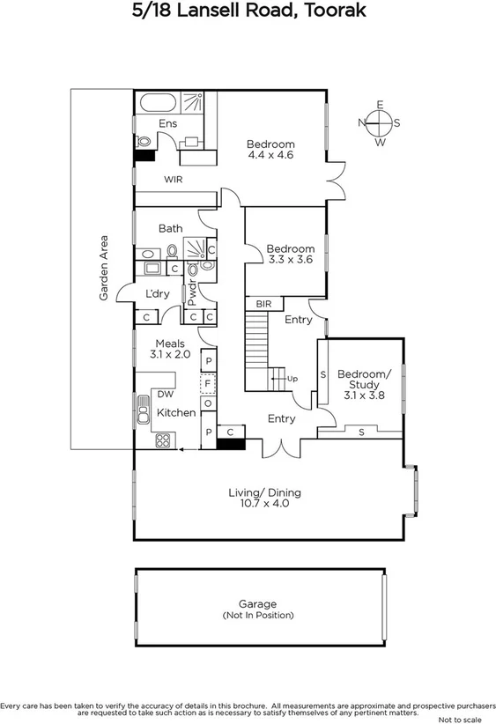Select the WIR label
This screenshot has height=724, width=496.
point(173,179)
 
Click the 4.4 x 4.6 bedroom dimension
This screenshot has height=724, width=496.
point(270,155)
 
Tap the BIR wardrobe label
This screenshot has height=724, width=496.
point(263,304)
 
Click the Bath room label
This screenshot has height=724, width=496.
point(171,229)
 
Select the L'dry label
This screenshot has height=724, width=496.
point(158,293)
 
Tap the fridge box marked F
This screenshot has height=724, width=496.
point(209,384)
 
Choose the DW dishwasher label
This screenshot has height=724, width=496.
point(165,395)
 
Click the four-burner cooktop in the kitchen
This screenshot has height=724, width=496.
point(163,440)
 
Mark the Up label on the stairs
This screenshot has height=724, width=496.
point(292,379)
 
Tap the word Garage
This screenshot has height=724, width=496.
point(258,604)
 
